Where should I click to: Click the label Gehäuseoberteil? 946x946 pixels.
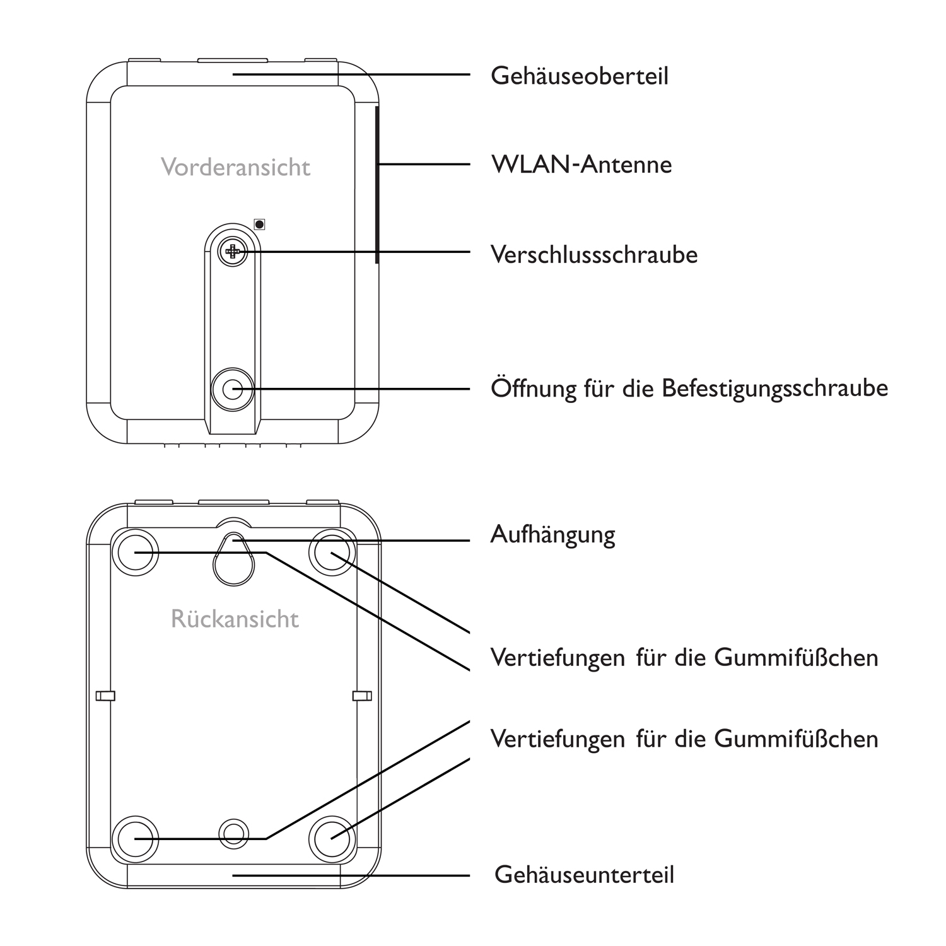579,76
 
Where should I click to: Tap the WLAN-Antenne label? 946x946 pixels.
581,165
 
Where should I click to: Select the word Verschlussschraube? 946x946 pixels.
593,255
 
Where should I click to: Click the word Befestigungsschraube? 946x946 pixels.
774,388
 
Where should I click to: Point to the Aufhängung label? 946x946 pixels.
552,535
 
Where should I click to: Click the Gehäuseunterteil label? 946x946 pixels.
584,875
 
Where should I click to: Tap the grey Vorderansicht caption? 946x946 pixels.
235,167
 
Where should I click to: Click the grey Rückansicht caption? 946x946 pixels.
235,619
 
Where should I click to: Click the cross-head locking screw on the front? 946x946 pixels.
233,252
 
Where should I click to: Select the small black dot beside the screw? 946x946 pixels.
259,224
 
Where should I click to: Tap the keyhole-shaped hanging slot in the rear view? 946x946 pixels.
233,559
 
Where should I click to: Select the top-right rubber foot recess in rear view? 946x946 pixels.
332,552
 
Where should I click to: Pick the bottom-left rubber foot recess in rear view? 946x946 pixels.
134,838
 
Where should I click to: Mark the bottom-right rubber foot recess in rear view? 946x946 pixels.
332,838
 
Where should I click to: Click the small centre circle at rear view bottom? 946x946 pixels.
233,834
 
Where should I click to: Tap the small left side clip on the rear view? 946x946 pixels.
105,696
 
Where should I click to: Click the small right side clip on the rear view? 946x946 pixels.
362,696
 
